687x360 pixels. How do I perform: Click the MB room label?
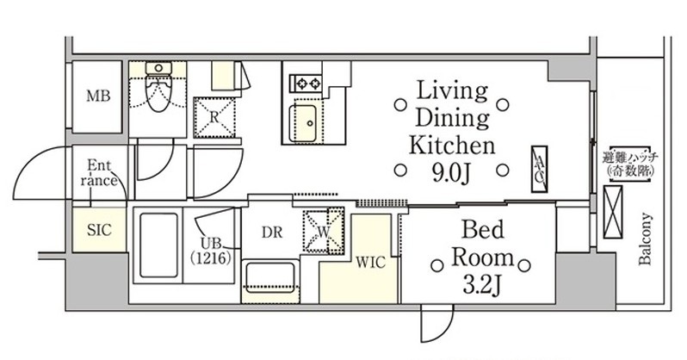(x=97, y=96)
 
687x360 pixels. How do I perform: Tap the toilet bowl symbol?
(x=158, y=89)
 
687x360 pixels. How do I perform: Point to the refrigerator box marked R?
(x=214, y=117)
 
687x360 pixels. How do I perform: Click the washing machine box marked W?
(x=324, y=231)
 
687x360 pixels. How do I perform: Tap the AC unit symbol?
(x=539, y=170)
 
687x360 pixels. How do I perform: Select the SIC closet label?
(x=99, y=230)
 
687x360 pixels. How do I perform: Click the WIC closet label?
(x=371, y=263)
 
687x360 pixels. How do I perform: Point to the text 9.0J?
(x=451, y=173)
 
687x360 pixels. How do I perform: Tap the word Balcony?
(x=645, y=239)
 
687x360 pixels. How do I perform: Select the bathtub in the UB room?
(x=158, y=245)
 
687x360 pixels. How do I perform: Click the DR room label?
(x=272, y=233)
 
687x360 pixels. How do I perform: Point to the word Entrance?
(x=99, y=173)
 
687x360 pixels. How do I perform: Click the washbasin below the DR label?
(x=270, y=276)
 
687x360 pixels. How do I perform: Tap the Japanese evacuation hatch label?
(x=630, y=164)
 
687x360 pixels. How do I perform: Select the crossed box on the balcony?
(x=612, y=212)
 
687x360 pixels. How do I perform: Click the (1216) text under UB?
(x=211, y=258)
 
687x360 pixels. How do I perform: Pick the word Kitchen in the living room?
(x=452, y=146)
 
